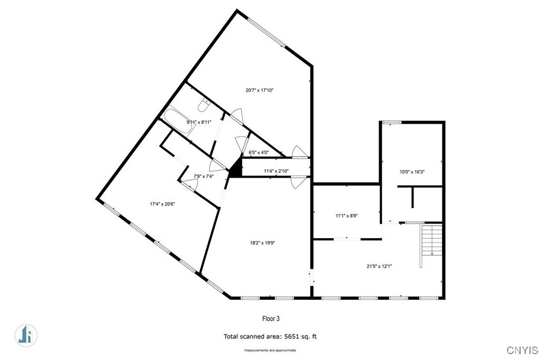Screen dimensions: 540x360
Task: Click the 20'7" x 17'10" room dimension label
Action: coord(259,91)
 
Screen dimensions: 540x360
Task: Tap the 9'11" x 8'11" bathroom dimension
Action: coord(199,122)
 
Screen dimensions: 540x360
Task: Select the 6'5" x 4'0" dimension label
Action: coord(258,152)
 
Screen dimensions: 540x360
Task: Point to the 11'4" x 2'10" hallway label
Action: coord(276,171)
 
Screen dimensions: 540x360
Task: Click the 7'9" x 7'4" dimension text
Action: coord(204,176)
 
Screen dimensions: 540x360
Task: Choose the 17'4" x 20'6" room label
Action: coord(162,204)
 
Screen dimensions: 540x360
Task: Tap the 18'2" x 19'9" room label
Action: coord(263,242)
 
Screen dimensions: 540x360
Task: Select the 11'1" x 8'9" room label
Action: coord(347,216)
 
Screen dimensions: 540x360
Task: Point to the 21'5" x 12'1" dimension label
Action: coord(379,266)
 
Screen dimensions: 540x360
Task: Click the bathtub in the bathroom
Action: coord(178,122)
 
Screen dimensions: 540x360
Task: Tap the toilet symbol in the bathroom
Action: coord(204,105)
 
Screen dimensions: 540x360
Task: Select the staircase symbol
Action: coord(431,240)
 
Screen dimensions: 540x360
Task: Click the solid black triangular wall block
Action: coord(236,169)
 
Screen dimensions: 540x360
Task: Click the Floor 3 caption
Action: coord(271,319)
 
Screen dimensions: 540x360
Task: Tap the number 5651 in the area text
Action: coord(291,337)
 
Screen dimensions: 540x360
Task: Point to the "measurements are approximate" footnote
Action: coord(270,351)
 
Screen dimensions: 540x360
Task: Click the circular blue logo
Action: coord(26,336)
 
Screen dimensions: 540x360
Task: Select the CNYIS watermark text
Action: coord(522,351)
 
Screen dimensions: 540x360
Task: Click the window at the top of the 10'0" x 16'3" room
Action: coord(392,122)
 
